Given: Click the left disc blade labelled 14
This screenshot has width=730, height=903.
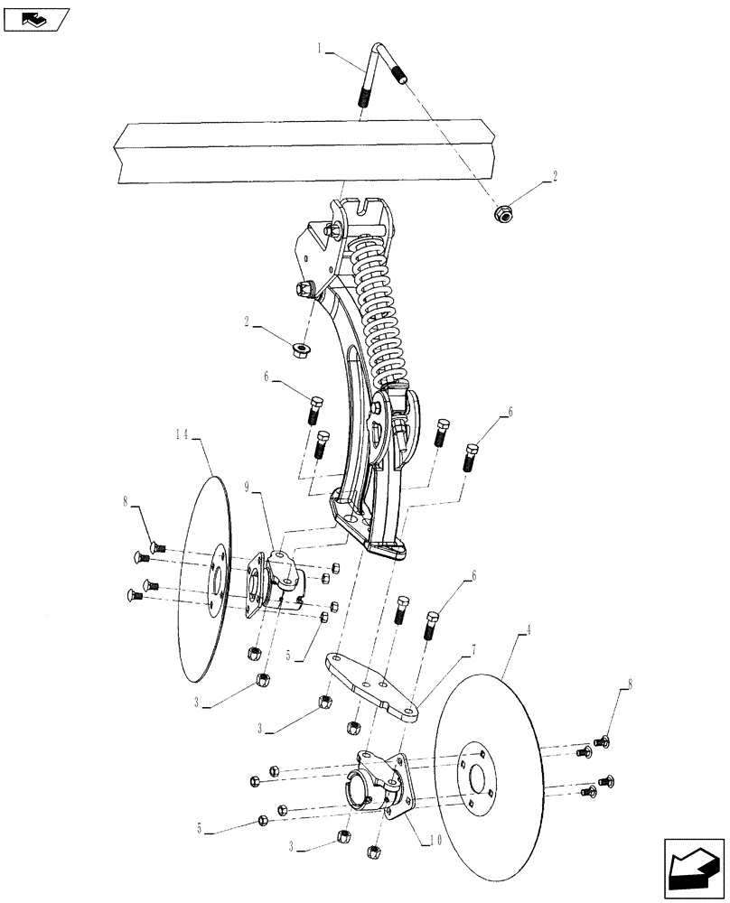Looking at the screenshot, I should click(x=206, y=578).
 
